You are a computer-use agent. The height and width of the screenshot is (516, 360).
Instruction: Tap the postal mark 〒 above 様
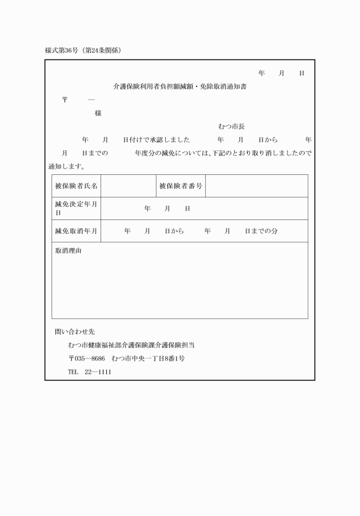pos(65,100)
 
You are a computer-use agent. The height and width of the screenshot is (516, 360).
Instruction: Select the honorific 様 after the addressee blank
pos(98,113)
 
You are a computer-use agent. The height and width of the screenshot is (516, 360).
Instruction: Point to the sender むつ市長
pos(231,126)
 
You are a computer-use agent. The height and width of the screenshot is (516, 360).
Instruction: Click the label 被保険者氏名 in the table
pos(76,186)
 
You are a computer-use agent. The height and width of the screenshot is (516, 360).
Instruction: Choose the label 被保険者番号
pos(180,186)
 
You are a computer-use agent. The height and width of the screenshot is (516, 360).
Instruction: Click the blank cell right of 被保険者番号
pos(256,186)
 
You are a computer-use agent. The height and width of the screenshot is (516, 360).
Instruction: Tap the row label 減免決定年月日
pos(76,208)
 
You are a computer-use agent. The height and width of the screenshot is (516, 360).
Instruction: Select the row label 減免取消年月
pos(76,231)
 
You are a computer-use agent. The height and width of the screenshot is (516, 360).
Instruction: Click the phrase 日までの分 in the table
pos(261,231)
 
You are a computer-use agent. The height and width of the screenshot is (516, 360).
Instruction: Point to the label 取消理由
pos(67,251)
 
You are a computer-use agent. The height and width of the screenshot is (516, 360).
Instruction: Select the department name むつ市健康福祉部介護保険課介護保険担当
pos(131,345)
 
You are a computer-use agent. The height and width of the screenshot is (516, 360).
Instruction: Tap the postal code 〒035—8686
pos(86,358)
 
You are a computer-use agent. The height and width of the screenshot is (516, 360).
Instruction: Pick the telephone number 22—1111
pos(98,371)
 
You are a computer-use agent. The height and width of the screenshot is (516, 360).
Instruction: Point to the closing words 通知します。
pos(67,166)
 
